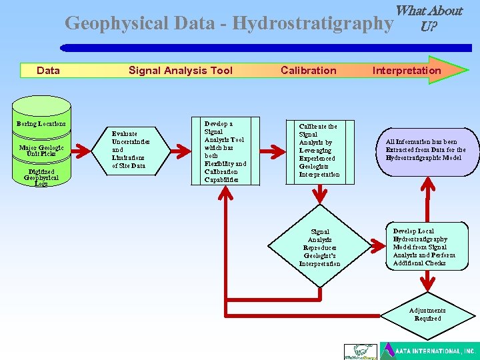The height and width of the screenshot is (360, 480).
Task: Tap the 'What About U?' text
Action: [428, 19]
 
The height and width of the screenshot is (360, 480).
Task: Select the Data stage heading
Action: [48, 71]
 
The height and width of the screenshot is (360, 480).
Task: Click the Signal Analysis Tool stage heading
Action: [181, 71]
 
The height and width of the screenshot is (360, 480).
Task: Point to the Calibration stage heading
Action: [309, 71]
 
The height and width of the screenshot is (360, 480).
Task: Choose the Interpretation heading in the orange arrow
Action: [407, 71]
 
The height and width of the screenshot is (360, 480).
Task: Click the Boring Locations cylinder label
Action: [41, 123]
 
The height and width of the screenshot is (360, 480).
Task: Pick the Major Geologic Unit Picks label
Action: [41, 151]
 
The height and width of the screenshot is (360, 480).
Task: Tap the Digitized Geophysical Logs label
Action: [41, 177]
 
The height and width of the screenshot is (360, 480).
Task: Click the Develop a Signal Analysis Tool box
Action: [226, 152]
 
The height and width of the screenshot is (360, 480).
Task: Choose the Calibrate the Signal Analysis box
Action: [319, 151]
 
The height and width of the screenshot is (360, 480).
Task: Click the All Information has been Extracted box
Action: [425, 150]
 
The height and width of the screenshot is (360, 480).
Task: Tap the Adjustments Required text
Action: [427, 314]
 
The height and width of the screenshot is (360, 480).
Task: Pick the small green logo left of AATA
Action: [359, 351]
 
